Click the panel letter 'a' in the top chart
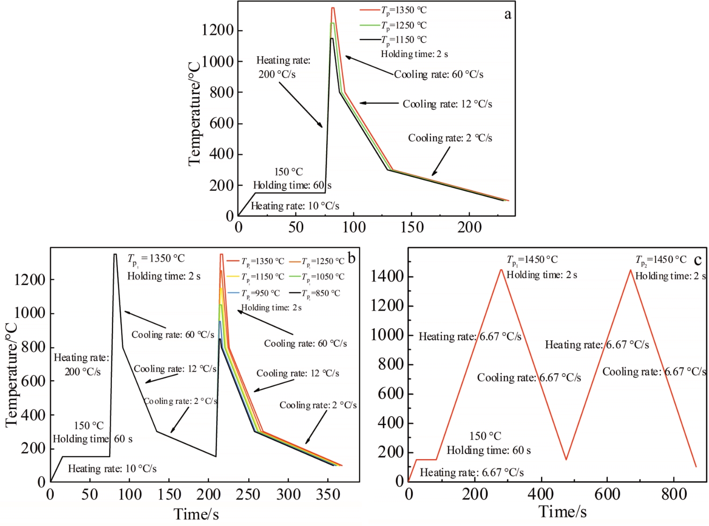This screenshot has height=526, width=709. click(x=507, y=14)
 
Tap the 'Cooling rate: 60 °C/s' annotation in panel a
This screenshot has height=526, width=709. click(x=439, y=74)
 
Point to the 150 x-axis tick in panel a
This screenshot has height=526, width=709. click(x=411, y=227)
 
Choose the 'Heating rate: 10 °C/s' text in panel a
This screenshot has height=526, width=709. click(x=295, y=206)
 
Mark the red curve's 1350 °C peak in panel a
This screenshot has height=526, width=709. click(x=333, y=8)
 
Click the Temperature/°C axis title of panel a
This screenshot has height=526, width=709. click(x=194, y=113)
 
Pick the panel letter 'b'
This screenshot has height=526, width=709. click(x=351, y=258)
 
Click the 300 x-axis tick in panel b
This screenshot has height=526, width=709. click(x=288, y=494)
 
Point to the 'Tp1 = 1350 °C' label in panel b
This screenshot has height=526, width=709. click(x=156, y=259)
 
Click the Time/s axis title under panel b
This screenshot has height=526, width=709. click(x=196, y=514)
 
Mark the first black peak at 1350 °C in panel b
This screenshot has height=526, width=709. click(x=115, y=254)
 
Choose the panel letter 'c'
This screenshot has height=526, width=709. click(x=697, y=260)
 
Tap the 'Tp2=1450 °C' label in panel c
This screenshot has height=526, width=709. click(x=661, y=259)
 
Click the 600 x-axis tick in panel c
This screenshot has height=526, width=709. click(x=607, y=494)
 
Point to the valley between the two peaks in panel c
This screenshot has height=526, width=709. click(x=566, y=459)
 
